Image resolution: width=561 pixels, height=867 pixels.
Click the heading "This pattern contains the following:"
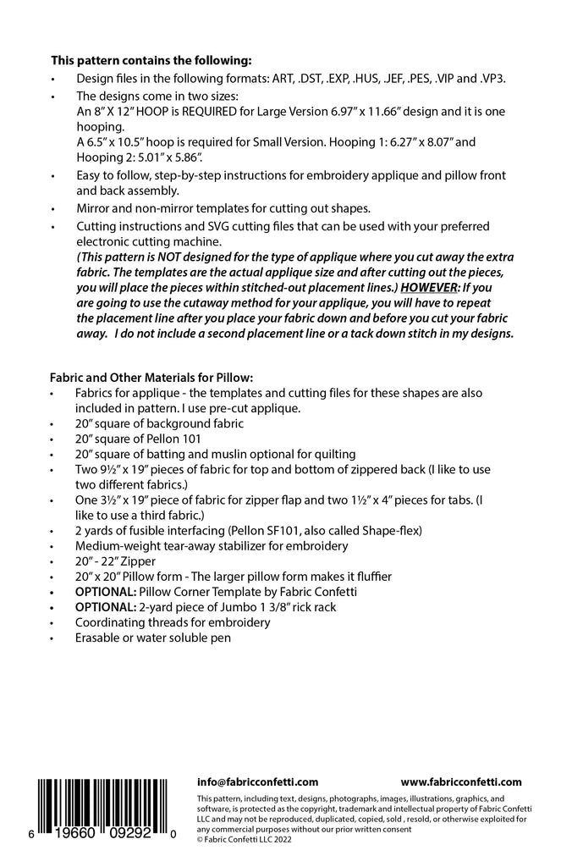click(151, 60)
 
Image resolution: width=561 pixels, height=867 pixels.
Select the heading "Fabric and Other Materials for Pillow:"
click(151, 377)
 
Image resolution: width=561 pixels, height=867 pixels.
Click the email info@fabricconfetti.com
click(257, 782)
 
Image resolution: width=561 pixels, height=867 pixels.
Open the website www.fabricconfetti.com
click(460, 782)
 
